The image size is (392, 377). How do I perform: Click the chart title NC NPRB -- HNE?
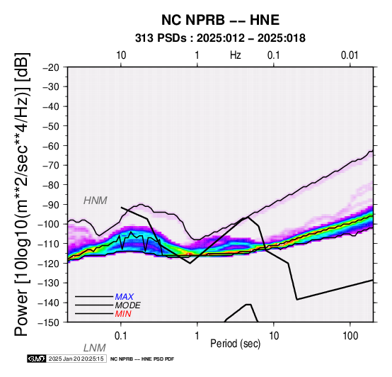(x=220, y=20)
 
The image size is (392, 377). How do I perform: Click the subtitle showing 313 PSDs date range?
(x=220, y=38)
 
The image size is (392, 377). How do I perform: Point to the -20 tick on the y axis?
(x=51, y=67)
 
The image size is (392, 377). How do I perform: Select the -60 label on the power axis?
(x=51, y=145)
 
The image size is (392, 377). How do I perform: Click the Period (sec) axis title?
(x=235, y=344)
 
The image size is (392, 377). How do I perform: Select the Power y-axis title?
(x=22, y=194)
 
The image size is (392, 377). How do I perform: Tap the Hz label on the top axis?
(x=236, y=55)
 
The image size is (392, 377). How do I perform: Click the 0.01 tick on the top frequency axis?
(x=350, y=55)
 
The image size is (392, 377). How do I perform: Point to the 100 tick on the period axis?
(x=350, y=336)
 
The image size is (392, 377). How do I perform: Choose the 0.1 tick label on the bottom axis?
(x=121, y=336)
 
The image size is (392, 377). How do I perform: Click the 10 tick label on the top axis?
(x=121, y=55)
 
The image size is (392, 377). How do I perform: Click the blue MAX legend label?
(x=125, y=297)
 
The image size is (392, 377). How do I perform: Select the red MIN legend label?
(x=123, y=314)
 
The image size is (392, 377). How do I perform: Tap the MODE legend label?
(x=128, y=305)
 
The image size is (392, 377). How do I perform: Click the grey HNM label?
(x=96, y=201)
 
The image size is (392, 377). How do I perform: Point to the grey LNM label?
(x=95, y=348)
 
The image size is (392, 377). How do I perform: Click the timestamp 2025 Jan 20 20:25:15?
(x=76, y=359)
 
